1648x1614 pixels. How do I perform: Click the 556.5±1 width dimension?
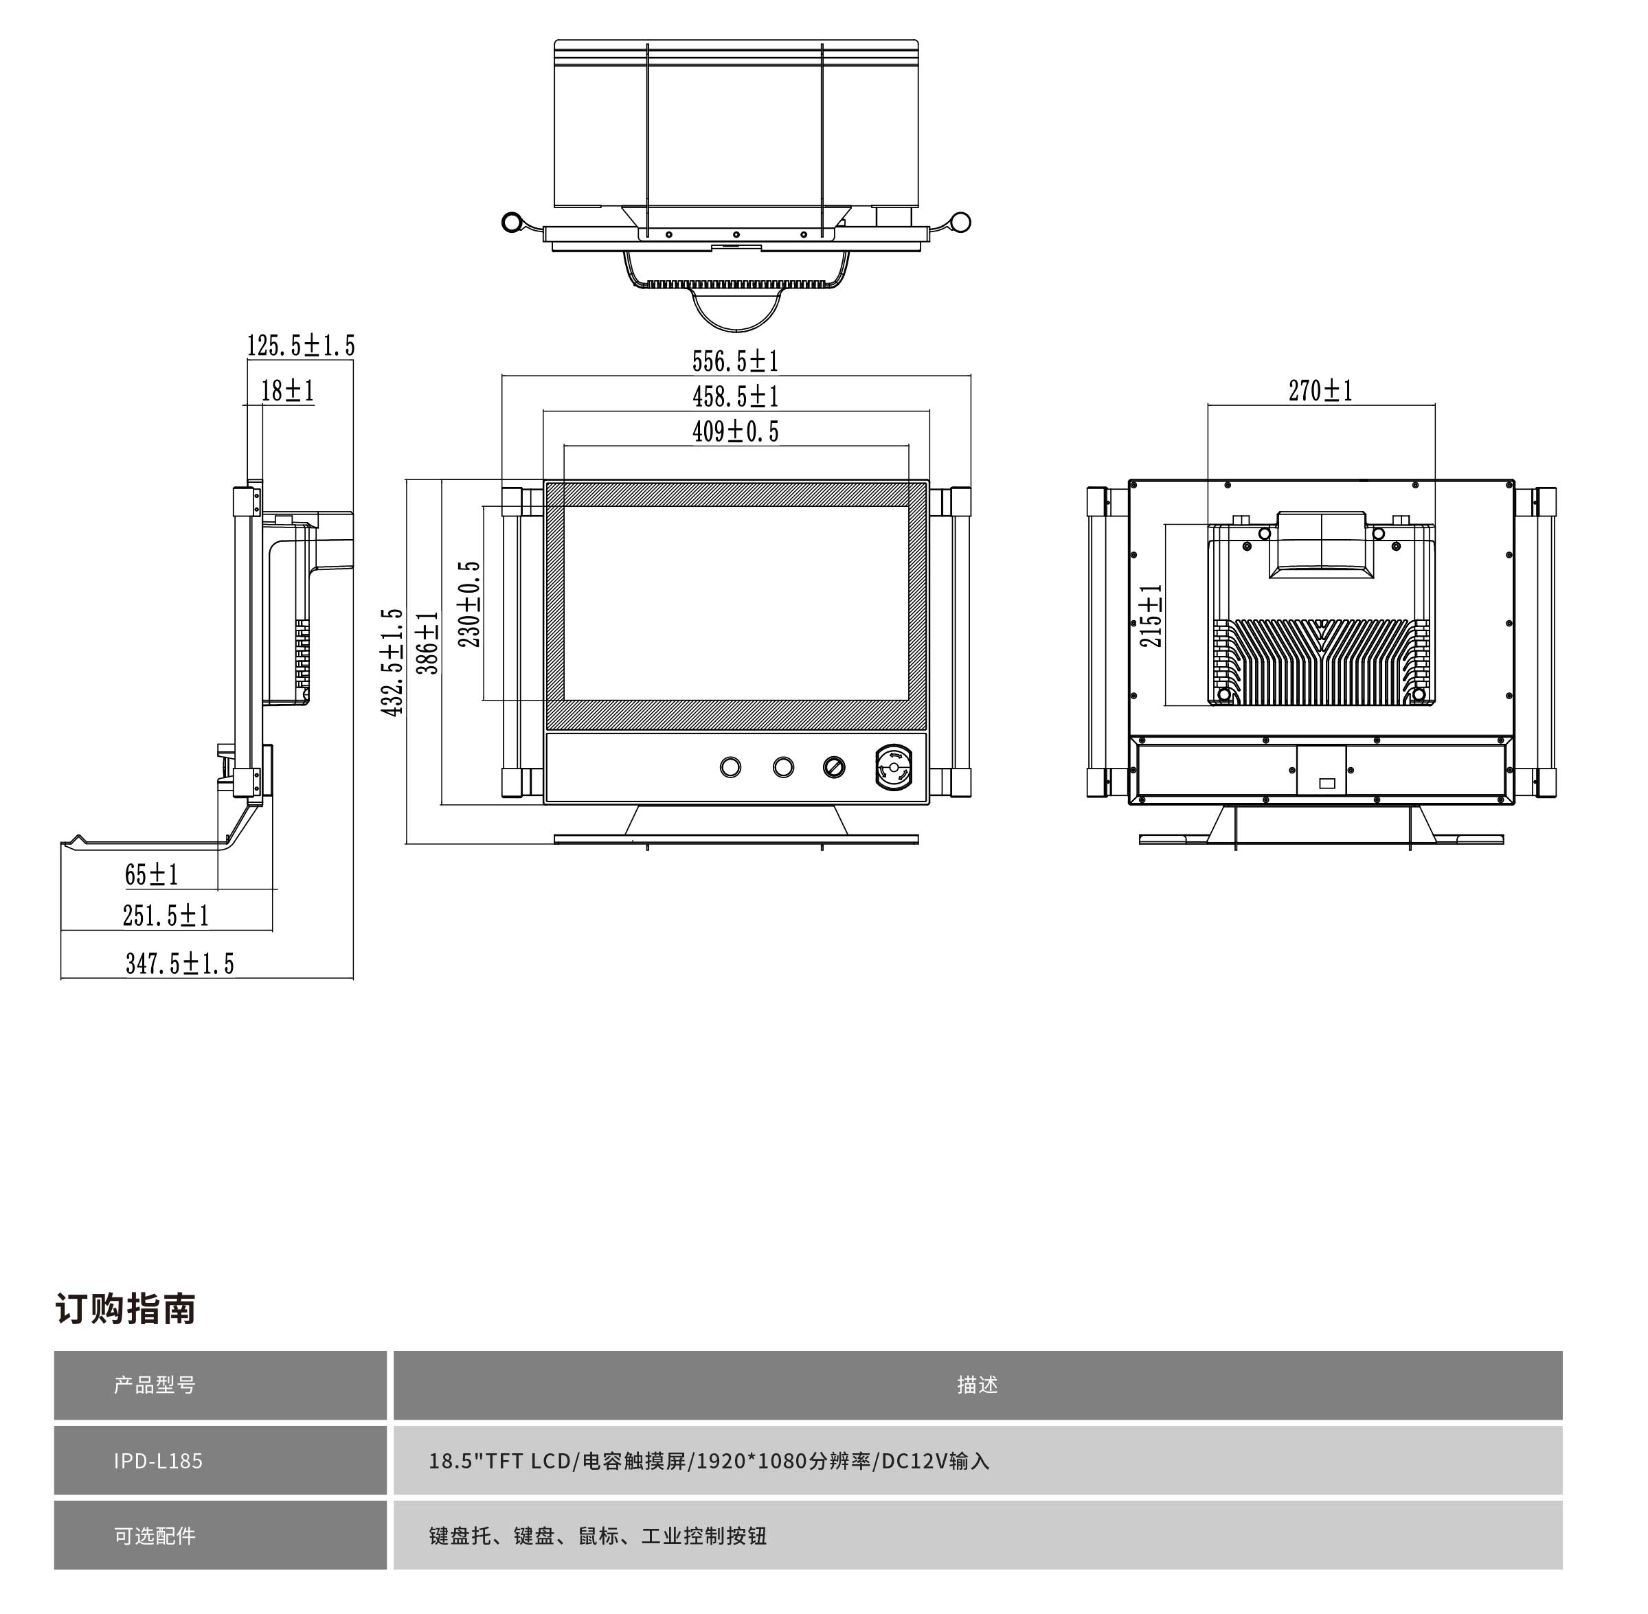(x=735, y=361)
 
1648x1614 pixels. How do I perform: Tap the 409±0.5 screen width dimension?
(x=735, y=431)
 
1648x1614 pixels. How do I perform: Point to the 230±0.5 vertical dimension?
(x=469, y=604)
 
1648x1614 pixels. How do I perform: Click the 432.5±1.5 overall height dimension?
(x=392, y=662)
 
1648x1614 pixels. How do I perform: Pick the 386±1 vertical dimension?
(x=428, y=643)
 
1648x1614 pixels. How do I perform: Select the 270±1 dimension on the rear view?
(x=1320, y=391)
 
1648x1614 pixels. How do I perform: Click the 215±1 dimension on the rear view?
(x=1151, y=615)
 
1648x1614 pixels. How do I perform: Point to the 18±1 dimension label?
(x=287, y=391)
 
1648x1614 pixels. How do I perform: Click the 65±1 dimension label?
(x=151, y=875)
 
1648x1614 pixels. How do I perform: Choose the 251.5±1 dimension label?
(x=166, y=916)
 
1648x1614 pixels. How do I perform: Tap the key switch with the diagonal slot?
(x=834, y=767)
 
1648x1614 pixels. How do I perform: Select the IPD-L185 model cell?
(x=159, y=1461)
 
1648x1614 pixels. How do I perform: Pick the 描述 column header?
(x=977, y=1385)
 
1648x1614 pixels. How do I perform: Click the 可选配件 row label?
(x=155, y=1535)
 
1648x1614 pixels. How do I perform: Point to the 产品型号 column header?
(x=155, y=1385)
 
